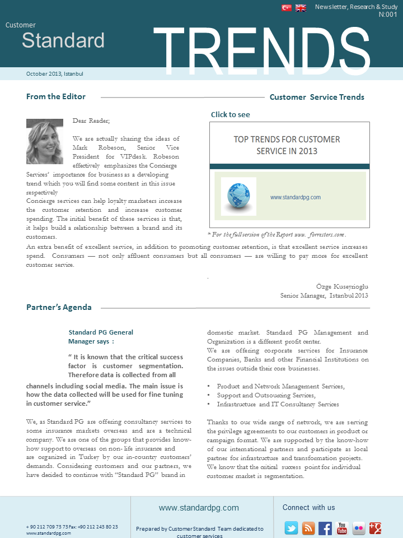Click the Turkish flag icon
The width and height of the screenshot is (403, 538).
point(287,8)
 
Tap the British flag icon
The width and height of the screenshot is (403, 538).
point(301,8)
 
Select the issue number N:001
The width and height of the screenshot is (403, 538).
point(388,15)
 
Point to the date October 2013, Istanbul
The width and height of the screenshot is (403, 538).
point(54,73)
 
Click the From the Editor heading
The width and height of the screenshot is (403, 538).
point(56,96)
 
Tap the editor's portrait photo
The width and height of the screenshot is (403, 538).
point(45,141)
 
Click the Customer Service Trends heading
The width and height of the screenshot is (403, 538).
point(317,97)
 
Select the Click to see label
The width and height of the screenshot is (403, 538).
point(231,114)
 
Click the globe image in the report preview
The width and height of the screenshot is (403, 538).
point(238,197)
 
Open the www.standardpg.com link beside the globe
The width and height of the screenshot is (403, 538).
point(295,197)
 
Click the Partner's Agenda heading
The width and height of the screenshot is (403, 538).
point(59,307)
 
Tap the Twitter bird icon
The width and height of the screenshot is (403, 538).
point(291,528)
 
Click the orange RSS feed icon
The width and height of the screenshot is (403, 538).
point(308,528)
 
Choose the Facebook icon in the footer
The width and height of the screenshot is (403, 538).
point(325,528)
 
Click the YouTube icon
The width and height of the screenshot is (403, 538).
point(342,528)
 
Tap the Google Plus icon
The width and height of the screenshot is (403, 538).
point(375,528)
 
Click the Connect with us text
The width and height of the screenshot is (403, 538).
point(308,508)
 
